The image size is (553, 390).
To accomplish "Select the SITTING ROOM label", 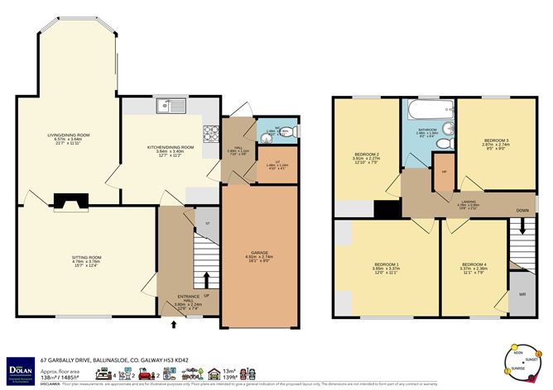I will pyautogui.click(x=84, y=259).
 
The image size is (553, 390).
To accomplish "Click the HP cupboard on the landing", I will pyautogui.click(x=445, y=172).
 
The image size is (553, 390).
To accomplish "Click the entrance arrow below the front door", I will pyautogui.click(x=173, y=325).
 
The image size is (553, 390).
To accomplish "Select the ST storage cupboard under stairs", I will pyautogui.click(x=208, y=221).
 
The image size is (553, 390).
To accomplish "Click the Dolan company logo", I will pyautogui.click(x=19, y=366).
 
